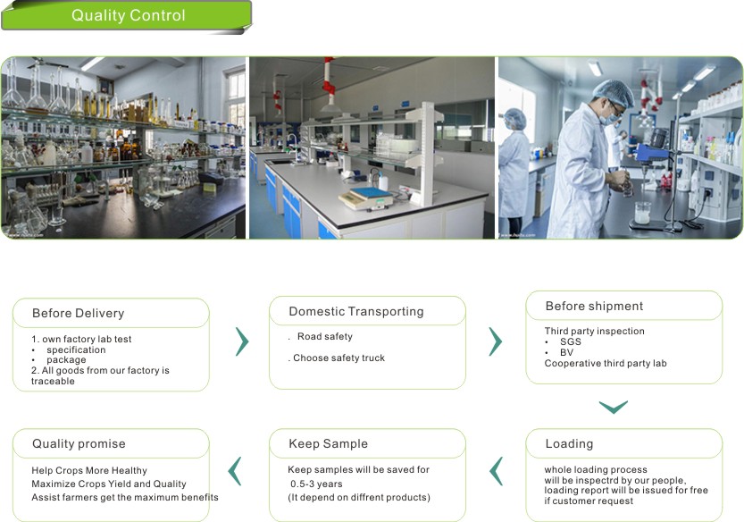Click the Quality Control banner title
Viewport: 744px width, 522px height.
(128, 15)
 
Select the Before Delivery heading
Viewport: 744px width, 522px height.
(79, 313)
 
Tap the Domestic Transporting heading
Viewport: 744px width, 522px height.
(356, 312)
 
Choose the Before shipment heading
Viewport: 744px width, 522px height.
(594, 306)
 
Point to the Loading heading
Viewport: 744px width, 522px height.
(570, 443)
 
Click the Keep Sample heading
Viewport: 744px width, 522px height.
(329, 443)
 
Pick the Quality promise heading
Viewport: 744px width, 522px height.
(79, 443)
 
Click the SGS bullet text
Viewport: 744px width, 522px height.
(571, 341)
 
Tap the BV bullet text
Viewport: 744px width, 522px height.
(566, 352)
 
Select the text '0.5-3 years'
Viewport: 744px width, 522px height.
(316, 484)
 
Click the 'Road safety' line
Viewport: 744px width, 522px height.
(325, 336)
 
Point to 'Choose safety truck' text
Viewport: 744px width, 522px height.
(339, 358)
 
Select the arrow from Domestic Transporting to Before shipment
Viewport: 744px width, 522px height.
(497, 341)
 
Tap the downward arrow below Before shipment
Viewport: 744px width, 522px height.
(613, 408)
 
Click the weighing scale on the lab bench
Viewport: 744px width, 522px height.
(366, 198)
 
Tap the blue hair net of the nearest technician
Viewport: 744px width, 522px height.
(614, 92)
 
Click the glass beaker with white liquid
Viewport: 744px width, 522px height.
(642, 213)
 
